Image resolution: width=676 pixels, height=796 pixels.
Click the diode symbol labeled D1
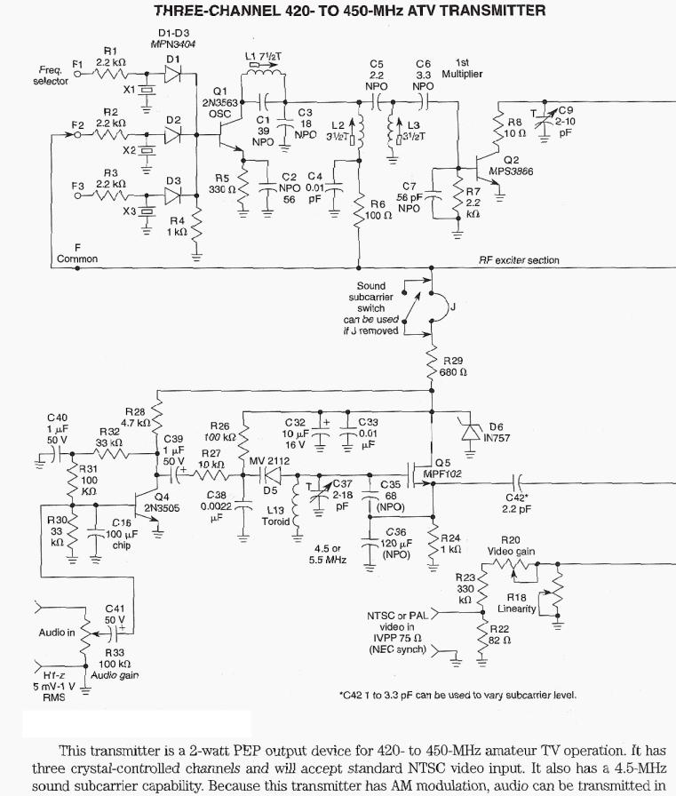pos(173,76)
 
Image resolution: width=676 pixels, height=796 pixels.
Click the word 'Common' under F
pos(77,259)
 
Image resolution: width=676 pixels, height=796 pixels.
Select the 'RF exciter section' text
pos(520,260)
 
